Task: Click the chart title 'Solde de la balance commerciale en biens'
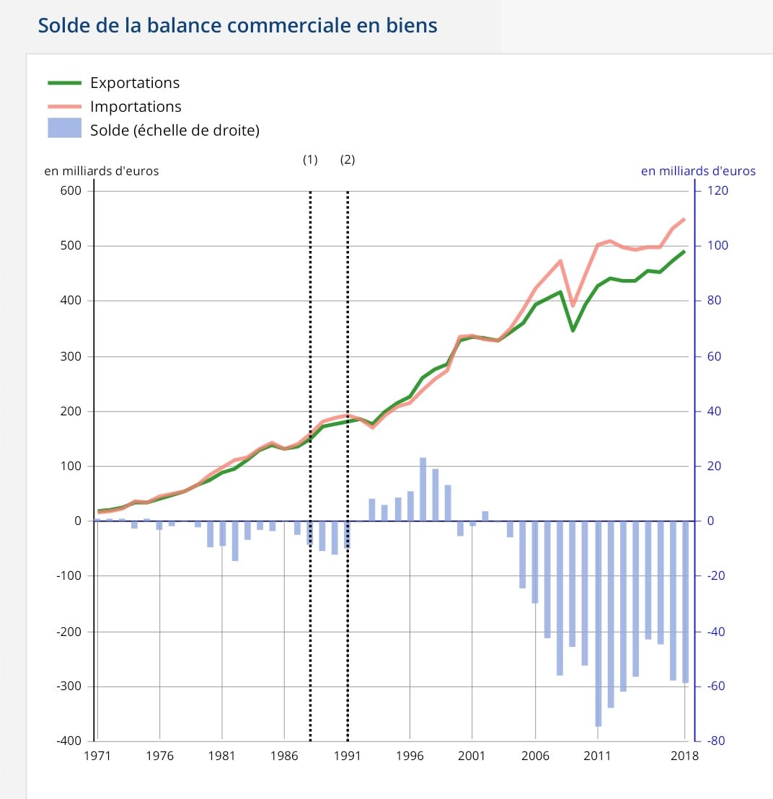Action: (x=237, y=25)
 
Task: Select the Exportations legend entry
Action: (x=134, y=82)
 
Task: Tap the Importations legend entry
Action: (x=136, y=107)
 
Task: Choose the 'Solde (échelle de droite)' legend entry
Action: (x=175, y=131)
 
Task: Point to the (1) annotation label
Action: (x=310, y=160)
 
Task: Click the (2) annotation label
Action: (x=348, y=160)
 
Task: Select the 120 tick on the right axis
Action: (x=718, y=191)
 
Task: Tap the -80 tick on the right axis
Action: (x=717, y=741)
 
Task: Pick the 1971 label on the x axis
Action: (x=96, y=756)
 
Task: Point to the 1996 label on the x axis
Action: (x=410, y=756)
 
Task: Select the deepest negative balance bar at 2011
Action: (x=598, y=624)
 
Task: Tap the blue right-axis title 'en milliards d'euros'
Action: (x=698, y=172)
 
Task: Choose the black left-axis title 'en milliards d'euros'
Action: (x=102, y=172)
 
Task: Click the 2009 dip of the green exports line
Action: (x=573, y=330)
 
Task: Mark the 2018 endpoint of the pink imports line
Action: (x=684, y=219)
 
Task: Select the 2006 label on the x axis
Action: (x=536, y=756)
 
